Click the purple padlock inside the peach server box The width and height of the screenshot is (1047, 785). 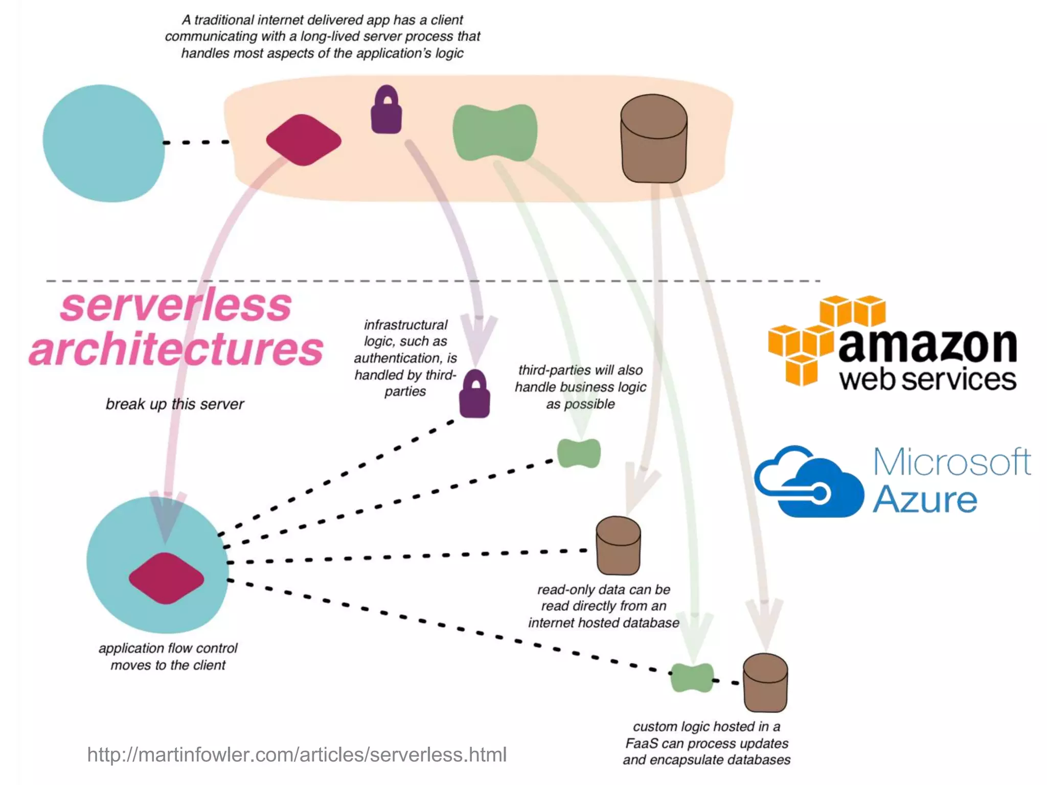point(386,111)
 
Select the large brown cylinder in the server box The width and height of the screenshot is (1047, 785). point(653,138)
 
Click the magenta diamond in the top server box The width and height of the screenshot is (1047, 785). point(304,140)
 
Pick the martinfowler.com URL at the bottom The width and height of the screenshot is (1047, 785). point(297,754)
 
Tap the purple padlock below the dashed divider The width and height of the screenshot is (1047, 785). point(474,395)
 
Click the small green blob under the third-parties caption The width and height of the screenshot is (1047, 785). point(579,453)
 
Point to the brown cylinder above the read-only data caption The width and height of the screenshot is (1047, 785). point(618,545)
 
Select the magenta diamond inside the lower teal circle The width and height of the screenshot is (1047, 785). point(166,578)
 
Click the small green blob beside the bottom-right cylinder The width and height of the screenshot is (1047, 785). point(692,678)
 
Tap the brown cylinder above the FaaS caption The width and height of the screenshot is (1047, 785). point(765,683)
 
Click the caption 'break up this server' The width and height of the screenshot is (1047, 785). point(175,404)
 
